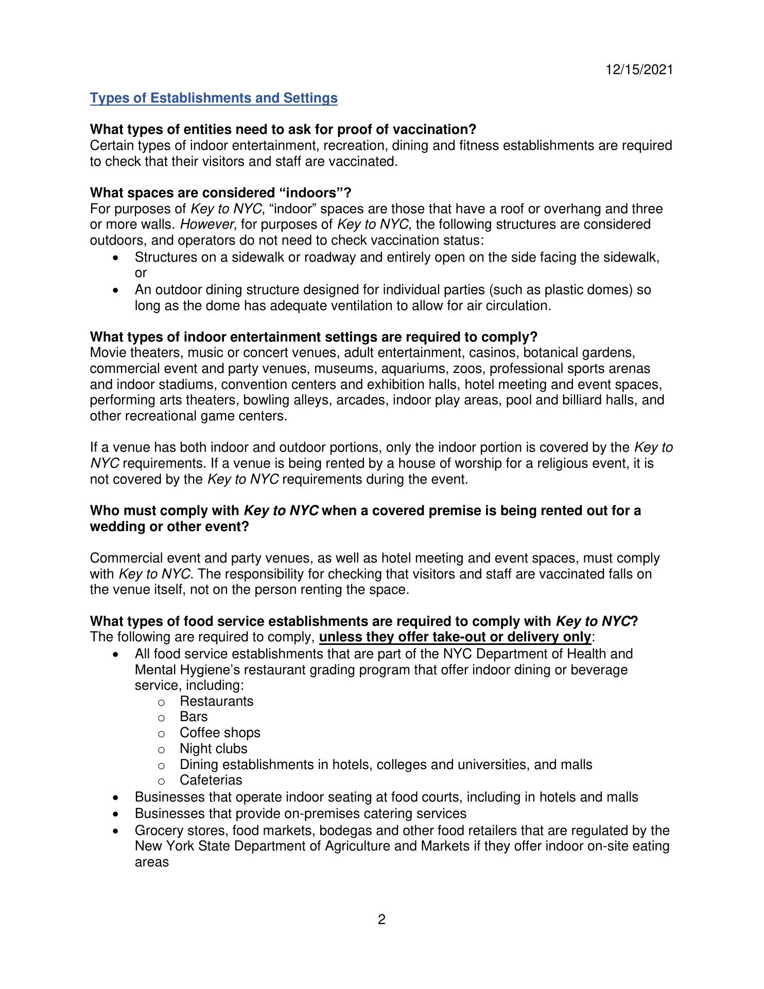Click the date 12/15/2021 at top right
[639, 70]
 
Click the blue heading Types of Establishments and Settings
[214, 98]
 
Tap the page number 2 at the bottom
[381, 919]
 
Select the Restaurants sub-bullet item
[216, 701]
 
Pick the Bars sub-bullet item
[194, 717]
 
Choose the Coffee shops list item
[220, 732]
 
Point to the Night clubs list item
[213, 748]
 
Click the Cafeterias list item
[211, 780]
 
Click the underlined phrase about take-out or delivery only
[455, 637]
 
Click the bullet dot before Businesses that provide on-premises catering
[117, 814]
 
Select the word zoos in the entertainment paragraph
[467, 368]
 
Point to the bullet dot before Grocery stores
[117, 831]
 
